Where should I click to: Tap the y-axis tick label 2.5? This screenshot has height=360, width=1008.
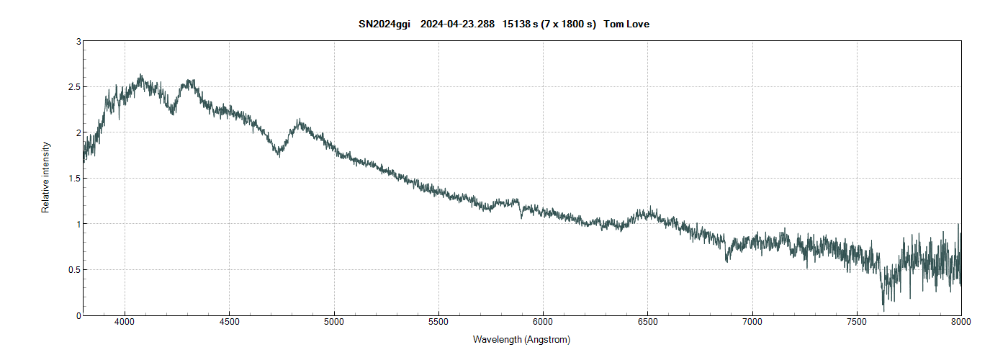(74, 87)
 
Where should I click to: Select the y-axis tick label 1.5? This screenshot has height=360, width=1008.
(74, 179)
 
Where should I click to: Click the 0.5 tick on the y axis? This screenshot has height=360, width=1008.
(74, 270)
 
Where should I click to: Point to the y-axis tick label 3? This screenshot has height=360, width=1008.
(78, 42)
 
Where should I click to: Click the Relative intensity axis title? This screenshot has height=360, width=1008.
(46, 177)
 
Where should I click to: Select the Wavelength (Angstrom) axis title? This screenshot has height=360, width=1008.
(521, 339)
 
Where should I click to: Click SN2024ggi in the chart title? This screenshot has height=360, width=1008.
(384, 24)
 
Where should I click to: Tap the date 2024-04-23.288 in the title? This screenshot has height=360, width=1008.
(456, 24)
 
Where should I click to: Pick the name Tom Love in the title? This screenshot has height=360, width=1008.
(626, 24)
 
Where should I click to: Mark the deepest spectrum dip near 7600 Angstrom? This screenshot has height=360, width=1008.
(883, 310)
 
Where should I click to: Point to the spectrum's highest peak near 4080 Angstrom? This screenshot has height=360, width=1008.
(140, 75)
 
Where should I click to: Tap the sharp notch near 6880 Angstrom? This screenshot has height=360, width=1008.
(726, 261)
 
